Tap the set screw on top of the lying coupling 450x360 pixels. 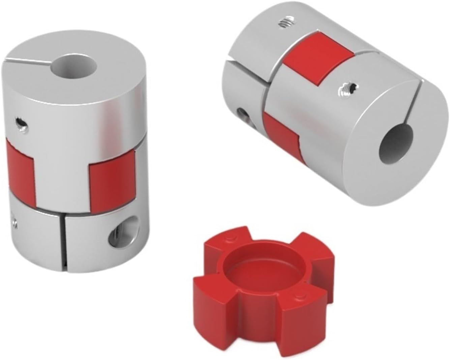click(285, 24)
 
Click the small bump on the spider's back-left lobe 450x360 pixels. click(230, 239)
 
